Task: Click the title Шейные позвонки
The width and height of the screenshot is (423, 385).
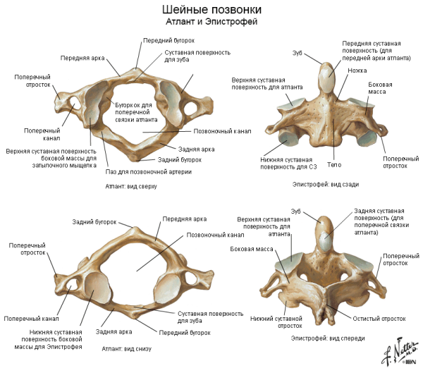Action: (211, 10)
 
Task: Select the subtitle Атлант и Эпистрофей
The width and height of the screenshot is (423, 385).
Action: (211, 22)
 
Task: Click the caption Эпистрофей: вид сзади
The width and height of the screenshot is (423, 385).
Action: (327, 183)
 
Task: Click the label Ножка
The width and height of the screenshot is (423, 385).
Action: (357, 71)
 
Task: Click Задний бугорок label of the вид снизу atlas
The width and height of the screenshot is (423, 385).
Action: (94, 222)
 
